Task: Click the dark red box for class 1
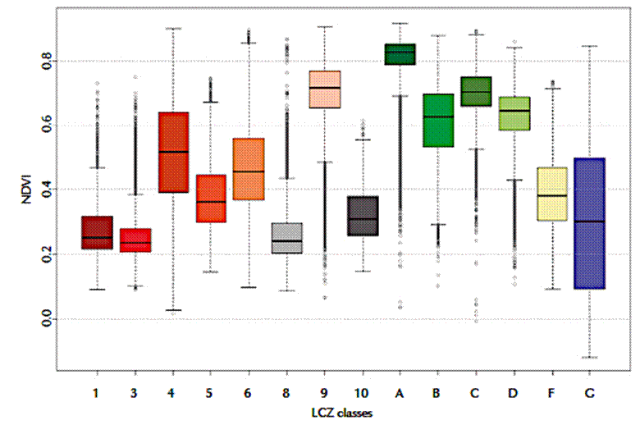pos(97,232)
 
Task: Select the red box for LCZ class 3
pos(135,240)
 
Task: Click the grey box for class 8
pos(287,238)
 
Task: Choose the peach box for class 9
pos(325,89)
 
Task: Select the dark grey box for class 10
pos(363,216)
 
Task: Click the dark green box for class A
pos(400,54)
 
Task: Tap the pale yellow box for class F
pos(551,194)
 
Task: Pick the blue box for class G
pos(589,223)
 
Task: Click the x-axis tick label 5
pos(211,395)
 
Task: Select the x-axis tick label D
pos(514,395)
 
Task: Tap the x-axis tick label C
pos(476,395)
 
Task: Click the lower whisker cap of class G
pos(589,358)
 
